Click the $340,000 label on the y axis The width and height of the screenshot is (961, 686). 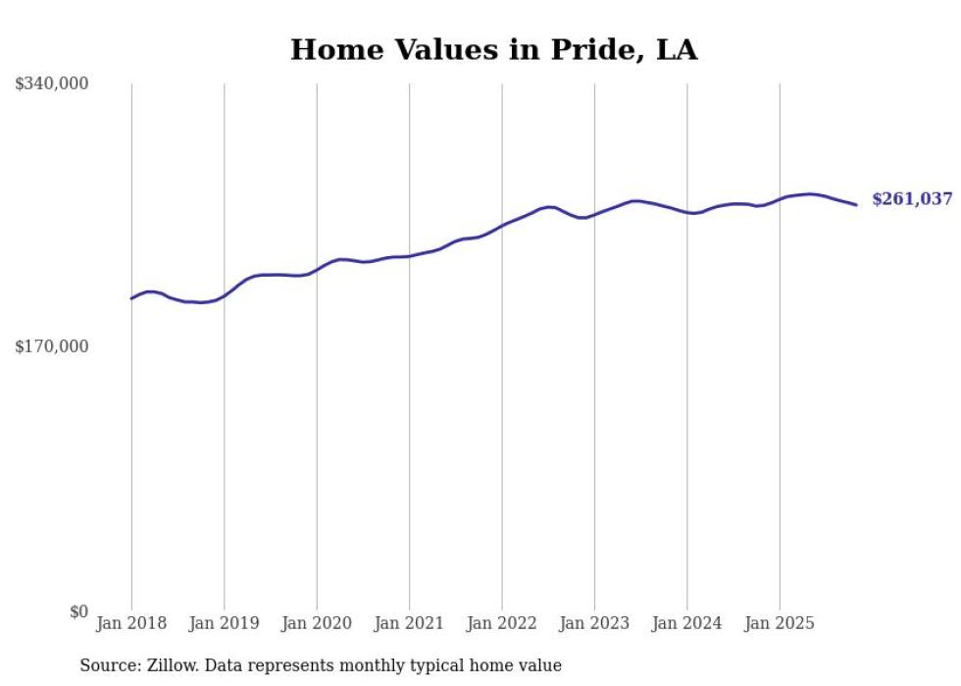(x=51, y=84)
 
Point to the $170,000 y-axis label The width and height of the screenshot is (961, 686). (x=51, y=346)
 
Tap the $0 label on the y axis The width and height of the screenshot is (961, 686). (x=78, y=611)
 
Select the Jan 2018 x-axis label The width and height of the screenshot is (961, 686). (x=131, y=623)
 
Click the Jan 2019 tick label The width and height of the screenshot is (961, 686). (x=224, y=623)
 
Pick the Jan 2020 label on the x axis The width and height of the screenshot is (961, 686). (x=317, y=623)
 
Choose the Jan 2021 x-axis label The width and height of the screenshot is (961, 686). (x=409, y=623)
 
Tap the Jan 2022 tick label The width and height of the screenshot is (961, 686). (x=502, y=623)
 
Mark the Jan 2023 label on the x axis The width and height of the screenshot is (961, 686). (x=594, y=623)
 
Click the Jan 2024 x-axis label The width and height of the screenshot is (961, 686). (x=687, y=623)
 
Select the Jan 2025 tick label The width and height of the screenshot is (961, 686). (x=780, y=623)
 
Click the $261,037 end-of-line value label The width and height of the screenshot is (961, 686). (x=911, y=199)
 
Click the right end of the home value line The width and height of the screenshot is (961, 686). (x=856, y=204)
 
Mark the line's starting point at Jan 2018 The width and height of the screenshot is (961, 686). (x=131, y=298)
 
